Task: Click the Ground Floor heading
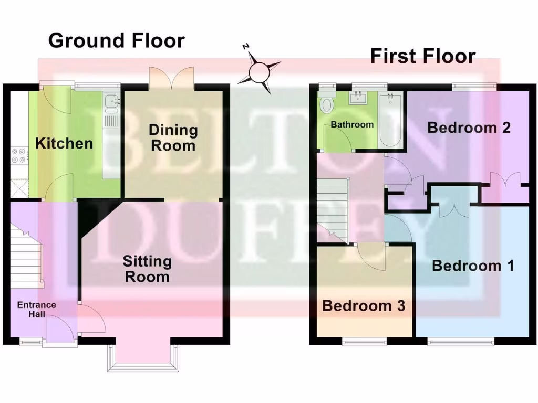pyautogui.click(x=116, y=40)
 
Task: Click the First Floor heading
pyautogui.click(x=422, y=56)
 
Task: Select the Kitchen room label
pyautogui.click(x=64, y=143)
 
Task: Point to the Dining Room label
pyautogui.click(x=173, y=137)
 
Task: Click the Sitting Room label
pyautogui.click(x=147, y=269)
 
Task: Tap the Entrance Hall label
pyautogui.click(x=36, y=310)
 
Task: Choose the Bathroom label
pyautogui.click(x=352, y=125)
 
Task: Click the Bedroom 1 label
pyautogui.click(x=472, y=266)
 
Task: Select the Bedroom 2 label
pyautogui.click(x=469, y=128)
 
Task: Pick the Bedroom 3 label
pyautogui.click(x=364, y=305)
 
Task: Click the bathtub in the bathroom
pyautogui.click(x=390, y=120)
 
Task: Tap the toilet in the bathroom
pyautogui.click(x=327, y=103)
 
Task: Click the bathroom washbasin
pyautogui.click(x=360, y=97)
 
